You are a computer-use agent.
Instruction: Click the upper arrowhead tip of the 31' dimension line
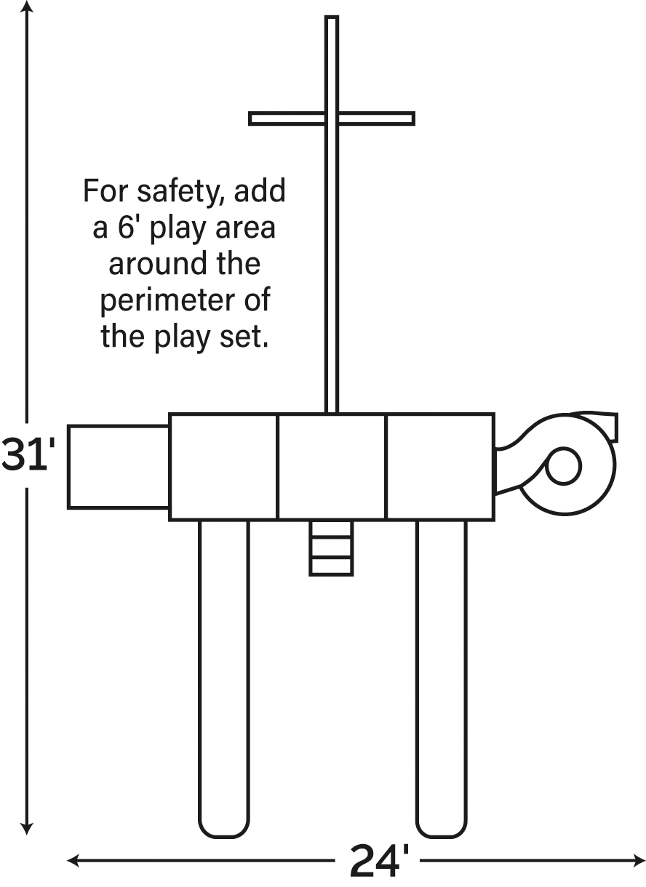pyautogui.click(x=27, y=1)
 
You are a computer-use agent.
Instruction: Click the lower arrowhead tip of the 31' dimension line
pyautogui.click(x=27, y=835)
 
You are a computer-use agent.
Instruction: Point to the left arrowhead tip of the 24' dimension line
pyautogui.click(x=68, y=861)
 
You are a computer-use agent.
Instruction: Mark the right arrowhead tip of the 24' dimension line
pyautogui.click(x=645, y=861)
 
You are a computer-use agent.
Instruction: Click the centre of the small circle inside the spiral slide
pyautogui.click(x=563, y=465)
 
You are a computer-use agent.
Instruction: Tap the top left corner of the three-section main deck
pyautogui.click(x=170, y=414)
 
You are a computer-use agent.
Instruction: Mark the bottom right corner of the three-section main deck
pyautogui.click(x=494, y=519)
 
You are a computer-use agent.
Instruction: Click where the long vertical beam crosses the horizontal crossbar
pyautogui.click(x=332, y=119)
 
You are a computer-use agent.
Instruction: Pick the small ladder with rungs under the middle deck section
pyautogui.click(x=331, y=547)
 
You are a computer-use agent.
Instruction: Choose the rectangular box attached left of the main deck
pyautogui.click(x=119, y=467)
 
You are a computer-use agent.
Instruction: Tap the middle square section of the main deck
pyautogui.click(x=332, y=467)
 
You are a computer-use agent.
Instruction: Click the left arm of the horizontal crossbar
pyautogui.click(x=287, y=119)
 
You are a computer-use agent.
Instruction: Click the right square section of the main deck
pyautogui.click(x=440, y=467)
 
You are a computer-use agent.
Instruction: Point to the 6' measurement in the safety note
pyautogui.click(x=127, y=228)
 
